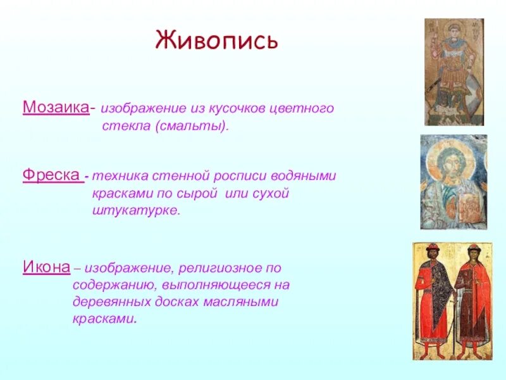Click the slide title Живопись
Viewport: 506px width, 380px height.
216,40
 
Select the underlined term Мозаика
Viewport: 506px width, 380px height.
56,107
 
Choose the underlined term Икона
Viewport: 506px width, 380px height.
46,267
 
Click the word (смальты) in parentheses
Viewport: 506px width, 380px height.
192,125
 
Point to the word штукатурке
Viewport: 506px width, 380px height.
135,211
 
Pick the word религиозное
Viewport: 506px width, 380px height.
218,268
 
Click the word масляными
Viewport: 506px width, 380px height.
240,302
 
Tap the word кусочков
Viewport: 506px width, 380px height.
237,108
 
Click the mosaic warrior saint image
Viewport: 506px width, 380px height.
454,72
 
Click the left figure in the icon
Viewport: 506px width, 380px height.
433,299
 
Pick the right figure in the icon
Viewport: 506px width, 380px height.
472,299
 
